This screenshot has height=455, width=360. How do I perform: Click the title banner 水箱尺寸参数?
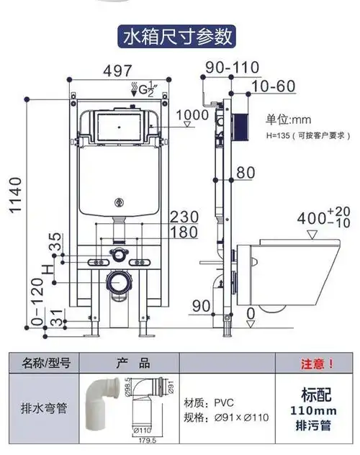[x=178, y=35]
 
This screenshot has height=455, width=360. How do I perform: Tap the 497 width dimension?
[x=117, y=70]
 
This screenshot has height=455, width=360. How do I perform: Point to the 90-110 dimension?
[x=232, y=67]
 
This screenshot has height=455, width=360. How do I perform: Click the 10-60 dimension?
[x=274, y=87]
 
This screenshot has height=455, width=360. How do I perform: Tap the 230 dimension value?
[x=184, y=217]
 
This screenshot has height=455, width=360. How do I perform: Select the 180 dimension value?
[x=184, y=231]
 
